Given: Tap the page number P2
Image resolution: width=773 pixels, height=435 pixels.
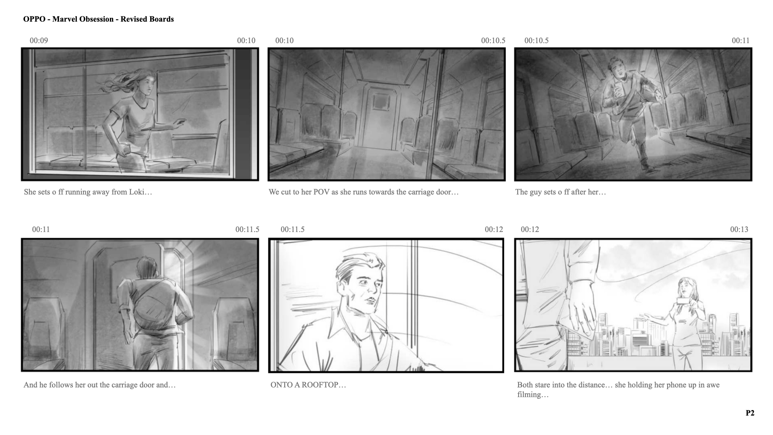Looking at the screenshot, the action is tap(750, 413).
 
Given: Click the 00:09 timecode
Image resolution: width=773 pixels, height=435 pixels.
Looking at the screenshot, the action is tap(39, 40).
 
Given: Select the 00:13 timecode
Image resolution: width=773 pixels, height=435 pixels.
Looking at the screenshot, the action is tap(739, 229).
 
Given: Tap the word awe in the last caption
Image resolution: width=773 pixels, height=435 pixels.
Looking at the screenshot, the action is tap(713, 385).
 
